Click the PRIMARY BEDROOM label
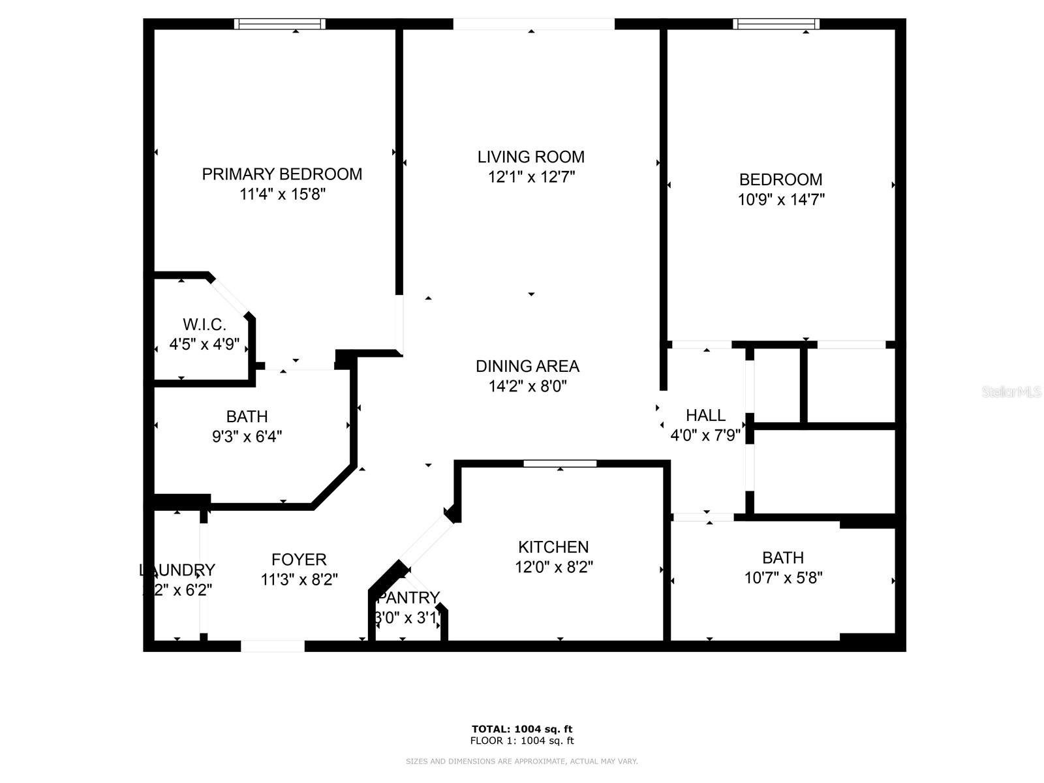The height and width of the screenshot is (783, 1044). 282,174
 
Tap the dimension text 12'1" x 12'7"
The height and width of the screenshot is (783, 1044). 531,177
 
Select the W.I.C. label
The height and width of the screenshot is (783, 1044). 204,324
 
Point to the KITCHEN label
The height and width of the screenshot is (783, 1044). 553,547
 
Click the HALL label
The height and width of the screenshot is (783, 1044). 705,415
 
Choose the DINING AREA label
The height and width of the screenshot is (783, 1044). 527,366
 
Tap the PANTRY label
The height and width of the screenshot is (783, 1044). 408,598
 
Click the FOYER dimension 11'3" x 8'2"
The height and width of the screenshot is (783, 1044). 299,579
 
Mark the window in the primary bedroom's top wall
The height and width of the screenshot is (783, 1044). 280,23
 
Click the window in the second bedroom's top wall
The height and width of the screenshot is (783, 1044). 776,23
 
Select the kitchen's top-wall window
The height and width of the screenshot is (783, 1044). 560,463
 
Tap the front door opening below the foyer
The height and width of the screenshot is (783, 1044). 273,646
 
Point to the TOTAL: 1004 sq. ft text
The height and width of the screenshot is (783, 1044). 522,729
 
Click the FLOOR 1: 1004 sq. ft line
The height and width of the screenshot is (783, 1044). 522,741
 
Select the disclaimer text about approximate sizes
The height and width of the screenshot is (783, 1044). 522,761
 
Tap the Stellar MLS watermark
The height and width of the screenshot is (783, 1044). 1011,392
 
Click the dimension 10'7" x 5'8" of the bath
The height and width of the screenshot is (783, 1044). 783,577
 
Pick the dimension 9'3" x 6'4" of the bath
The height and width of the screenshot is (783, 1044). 247,436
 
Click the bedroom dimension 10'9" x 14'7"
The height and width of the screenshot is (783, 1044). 781,200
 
